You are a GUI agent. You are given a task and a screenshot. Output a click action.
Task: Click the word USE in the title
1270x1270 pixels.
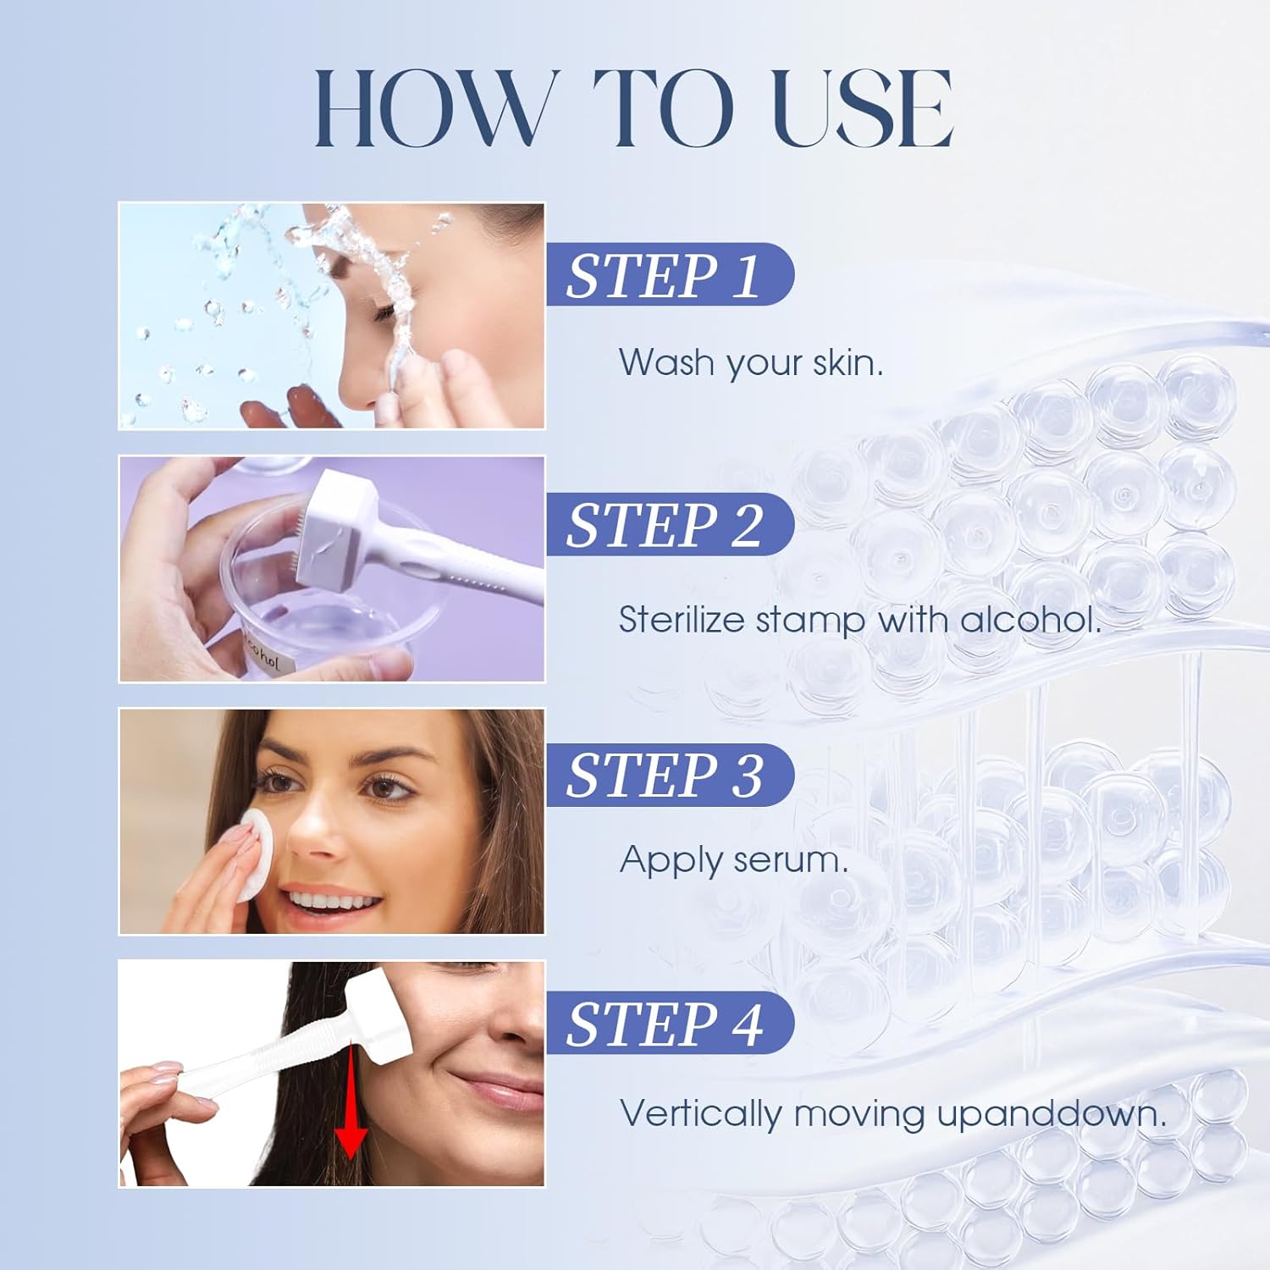click(864, 108)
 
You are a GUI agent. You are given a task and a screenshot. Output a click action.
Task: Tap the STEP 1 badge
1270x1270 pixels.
click(669, 274)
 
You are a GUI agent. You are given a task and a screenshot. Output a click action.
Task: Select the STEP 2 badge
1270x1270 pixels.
click(669, 524)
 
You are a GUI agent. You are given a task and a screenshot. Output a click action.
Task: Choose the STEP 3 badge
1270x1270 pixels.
click(669, 774)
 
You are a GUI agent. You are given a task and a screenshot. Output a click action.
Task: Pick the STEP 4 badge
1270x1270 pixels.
click(669, 1023)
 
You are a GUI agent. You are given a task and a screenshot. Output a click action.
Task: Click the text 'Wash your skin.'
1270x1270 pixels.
click(751, 363)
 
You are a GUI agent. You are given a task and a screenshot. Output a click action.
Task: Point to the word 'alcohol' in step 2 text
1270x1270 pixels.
click(1030, 619)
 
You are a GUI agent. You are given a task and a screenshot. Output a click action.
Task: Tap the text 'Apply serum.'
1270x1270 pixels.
click(733, 861)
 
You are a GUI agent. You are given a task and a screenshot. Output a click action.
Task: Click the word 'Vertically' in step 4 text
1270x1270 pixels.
click(701, 1113)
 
